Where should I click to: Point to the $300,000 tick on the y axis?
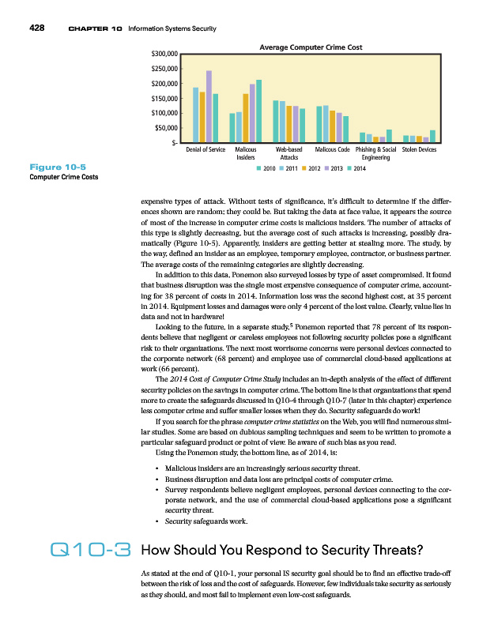163,55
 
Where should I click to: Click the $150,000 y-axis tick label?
163,99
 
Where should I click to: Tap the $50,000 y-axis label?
164,128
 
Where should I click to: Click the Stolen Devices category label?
419,149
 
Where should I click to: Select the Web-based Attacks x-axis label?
288,153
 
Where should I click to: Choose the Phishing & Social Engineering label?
376,153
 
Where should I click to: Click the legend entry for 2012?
310,168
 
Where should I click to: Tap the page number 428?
36,28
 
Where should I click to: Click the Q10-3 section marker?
89,551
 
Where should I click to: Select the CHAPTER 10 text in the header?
95,29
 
